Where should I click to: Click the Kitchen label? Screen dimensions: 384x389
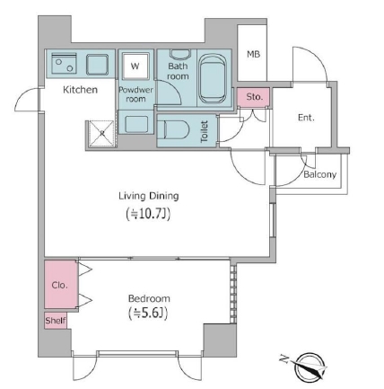click(x=80, y=90)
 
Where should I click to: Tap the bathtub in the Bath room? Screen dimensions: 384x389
click(x=213, y=79)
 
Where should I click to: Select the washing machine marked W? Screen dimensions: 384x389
click(x=135, y=66)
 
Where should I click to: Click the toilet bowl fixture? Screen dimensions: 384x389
click(x=173, y=130)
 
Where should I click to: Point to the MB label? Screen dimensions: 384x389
click(x=253, y=54)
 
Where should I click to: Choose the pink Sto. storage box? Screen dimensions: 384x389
click(x=254, y=97)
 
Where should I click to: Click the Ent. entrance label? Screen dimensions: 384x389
click(x=306, y=118)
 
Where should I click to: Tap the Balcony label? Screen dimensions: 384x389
click(x=319, y=174)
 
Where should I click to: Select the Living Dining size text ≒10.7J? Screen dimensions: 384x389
click(x=148, y=214)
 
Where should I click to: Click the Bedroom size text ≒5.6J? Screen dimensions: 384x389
click(x=148, y=313)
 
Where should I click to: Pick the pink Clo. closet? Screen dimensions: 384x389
click(x=61, y=285)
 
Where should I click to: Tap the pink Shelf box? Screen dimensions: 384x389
click(x=56, y=321)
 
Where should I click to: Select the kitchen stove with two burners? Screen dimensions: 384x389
click(x=64, y=64)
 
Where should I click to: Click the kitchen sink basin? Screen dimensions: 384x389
click(x=97, y=65)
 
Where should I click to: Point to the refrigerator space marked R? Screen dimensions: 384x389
click(x=101, y=134)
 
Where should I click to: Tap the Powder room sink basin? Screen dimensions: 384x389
click(x=136, y=124)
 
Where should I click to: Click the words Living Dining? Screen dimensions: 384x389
click(x=149, y=196)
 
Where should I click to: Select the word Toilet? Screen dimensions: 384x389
click(x=205, y=131)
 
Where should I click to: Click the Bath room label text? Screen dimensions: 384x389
click(x=178, y=71)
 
